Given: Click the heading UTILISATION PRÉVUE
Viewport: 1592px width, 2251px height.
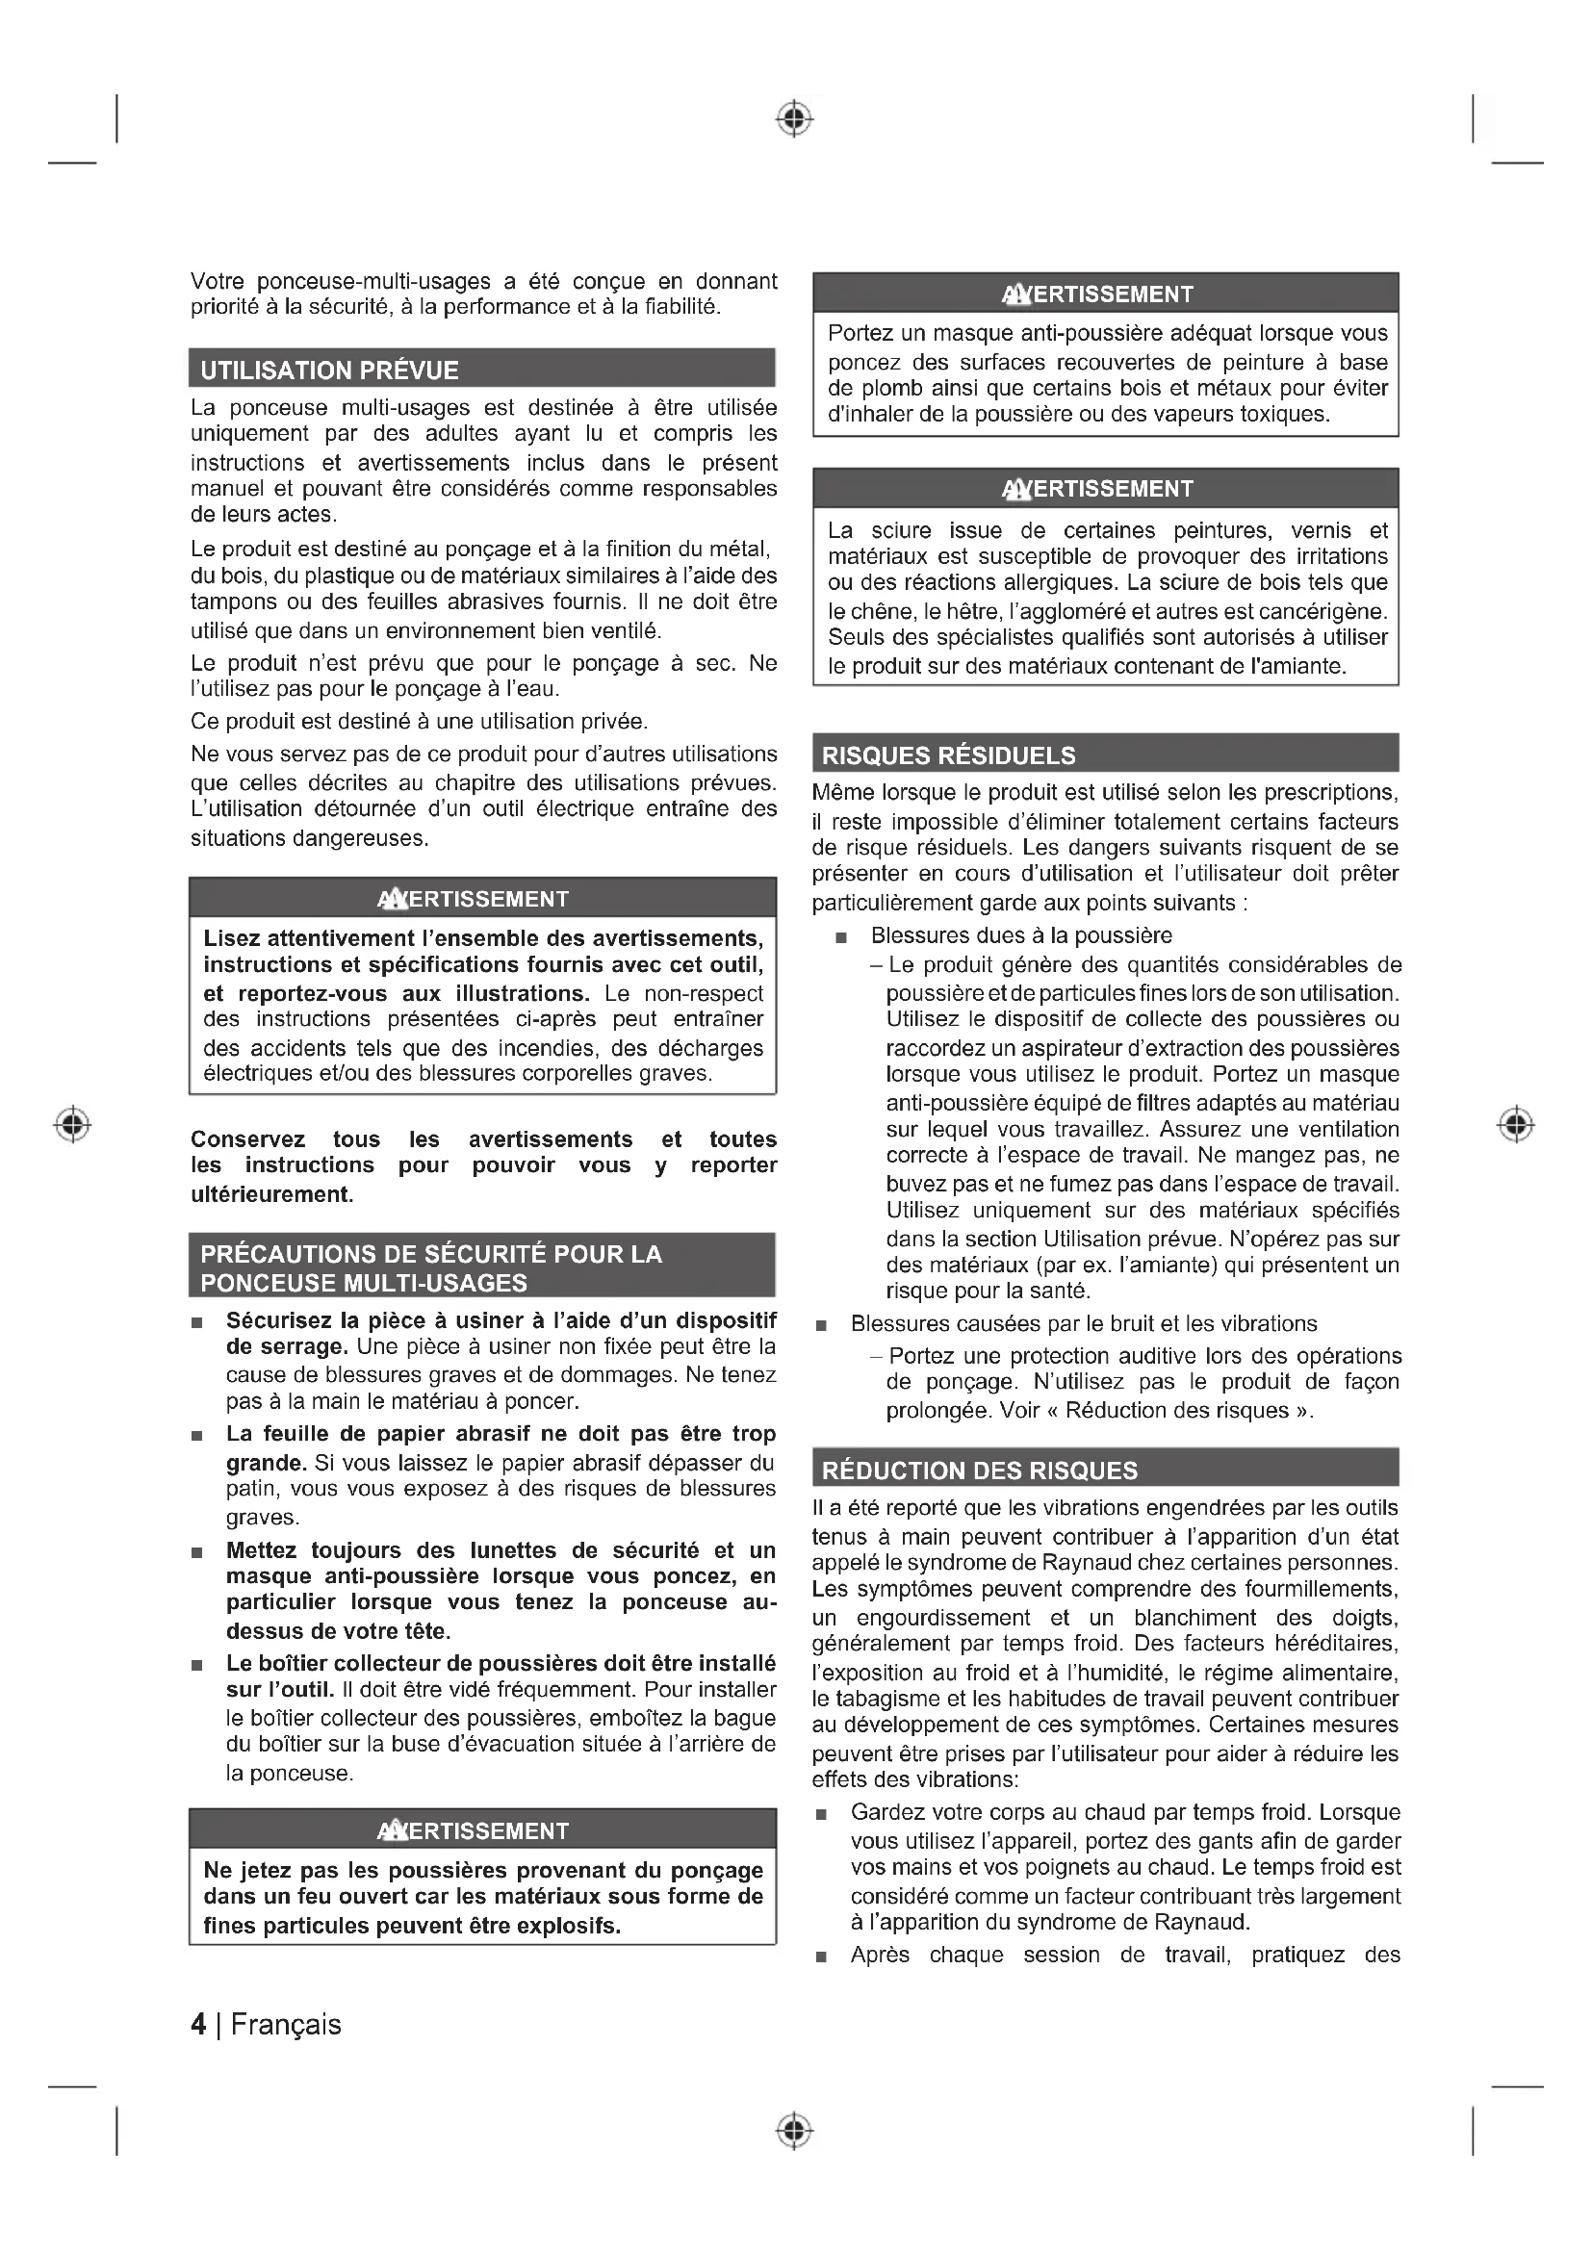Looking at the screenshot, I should tap(329, 371).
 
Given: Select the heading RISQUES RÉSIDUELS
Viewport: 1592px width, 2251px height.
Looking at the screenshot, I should tap(948, 755).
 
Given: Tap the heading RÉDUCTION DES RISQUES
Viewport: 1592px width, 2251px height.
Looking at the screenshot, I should tap(979, 1471).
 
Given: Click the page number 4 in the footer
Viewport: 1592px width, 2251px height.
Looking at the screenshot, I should tap(198, 2025).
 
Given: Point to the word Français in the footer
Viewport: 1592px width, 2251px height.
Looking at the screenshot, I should tap(285, 2025).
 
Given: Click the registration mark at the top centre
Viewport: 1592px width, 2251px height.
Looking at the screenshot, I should tap(795, 118).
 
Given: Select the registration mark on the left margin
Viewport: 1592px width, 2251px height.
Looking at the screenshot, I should tap(71, 1123).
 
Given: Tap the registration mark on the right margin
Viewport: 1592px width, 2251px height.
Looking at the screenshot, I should tap(1516, 1123).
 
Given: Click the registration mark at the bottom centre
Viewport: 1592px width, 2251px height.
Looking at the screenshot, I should tap(795, 2131).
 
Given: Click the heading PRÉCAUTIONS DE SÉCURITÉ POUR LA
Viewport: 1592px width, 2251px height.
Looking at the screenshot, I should tap(430, 1254).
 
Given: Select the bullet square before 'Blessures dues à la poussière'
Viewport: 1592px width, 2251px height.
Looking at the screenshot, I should tap(840, 938).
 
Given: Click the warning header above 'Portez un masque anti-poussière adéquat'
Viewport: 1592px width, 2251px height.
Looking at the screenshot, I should tap(1105, 294).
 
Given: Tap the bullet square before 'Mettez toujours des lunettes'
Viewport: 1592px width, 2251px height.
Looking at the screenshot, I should tap(197, 1553).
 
